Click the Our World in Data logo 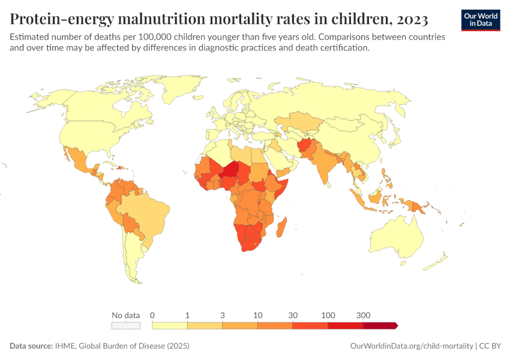point(481,20)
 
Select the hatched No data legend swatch point(126,326)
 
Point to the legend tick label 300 point(363,315)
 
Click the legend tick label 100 point(328,315)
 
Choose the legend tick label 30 point(293,315)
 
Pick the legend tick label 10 point(257,315)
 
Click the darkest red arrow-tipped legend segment point(380,326)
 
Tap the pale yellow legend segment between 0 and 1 point(170,326)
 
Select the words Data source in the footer point(31,346)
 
